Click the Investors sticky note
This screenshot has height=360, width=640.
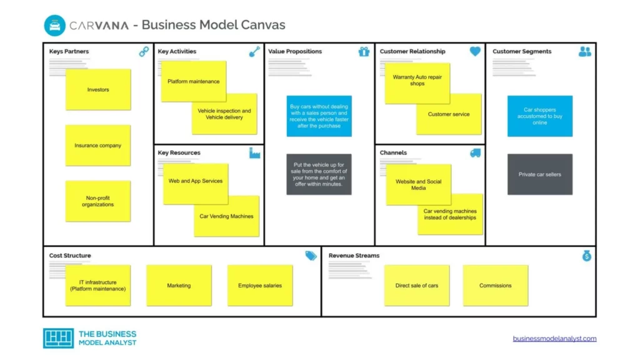pos(98,89)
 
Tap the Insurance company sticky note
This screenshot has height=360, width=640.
pos(98,146)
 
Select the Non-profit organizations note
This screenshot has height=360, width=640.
pos(98,201)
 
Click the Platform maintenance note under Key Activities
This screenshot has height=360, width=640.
pos(193,82)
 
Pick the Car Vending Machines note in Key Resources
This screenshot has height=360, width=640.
pos(226,216)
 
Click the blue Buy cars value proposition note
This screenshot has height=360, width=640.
pos(319,116)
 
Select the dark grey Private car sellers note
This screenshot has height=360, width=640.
pos(540,174)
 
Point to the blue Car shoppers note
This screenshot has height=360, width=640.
pos(540,116)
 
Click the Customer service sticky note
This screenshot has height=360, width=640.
pos(449,114)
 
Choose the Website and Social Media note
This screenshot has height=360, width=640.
pos(418,184)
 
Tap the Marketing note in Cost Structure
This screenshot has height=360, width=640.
pos(179,286)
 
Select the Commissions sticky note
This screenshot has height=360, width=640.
pos(496,286)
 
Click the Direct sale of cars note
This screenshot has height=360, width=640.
pos(417,286)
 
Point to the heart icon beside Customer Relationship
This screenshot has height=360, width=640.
pos(475,52)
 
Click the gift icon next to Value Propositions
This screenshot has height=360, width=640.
pos(364,52)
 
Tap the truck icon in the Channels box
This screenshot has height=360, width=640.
pos(475,153)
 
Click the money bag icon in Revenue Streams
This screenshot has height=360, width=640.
pos(586,256)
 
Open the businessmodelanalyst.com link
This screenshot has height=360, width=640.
pos(554,339)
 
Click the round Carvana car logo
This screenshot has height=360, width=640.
pos(55,26)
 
